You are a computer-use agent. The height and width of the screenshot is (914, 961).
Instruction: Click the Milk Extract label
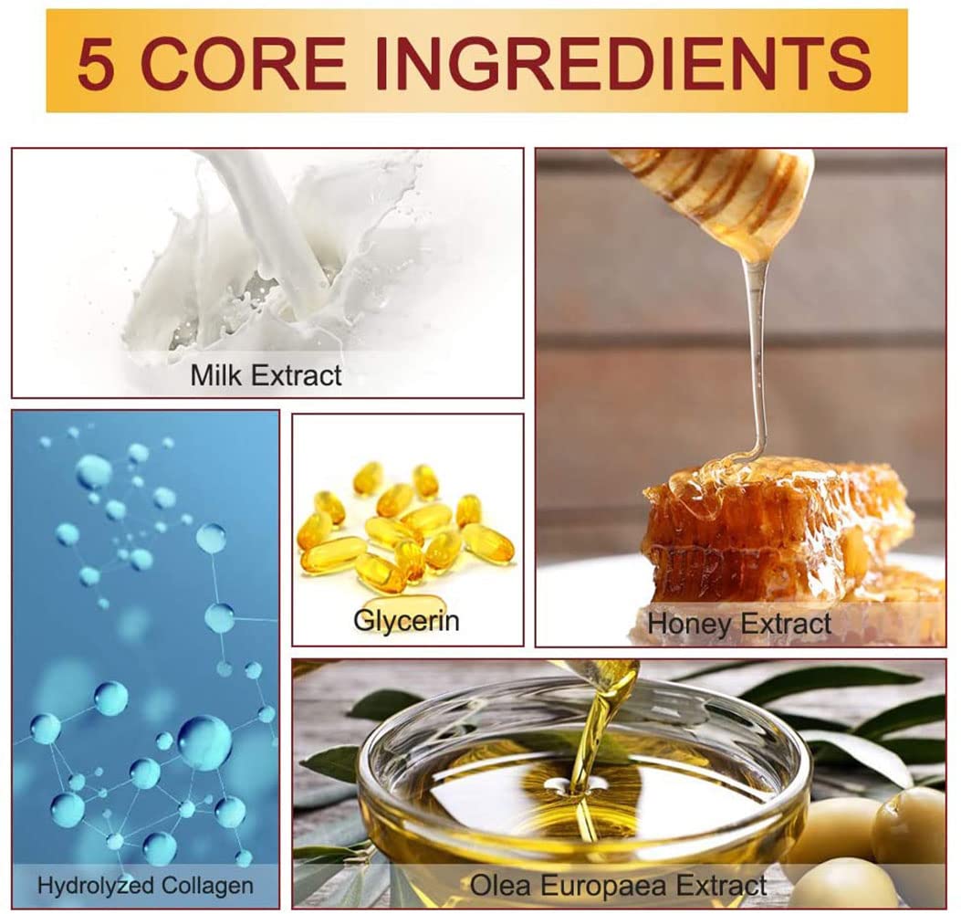click(266, 375)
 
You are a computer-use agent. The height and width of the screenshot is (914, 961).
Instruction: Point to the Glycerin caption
click(406, 620)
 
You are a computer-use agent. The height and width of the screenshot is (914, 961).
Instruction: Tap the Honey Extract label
click(739, 624)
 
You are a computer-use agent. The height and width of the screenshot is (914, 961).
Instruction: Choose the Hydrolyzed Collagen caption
click(145, 885)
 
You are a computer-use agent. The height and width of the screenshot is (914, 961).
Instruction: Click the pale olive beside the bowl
click(908, 822)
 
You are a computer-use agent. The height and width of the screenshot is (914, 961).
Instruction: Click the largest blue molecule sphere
click(204, 742)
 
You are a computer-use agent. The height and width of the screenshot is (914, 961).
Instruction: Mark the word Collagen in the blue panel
click(207, 885)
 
